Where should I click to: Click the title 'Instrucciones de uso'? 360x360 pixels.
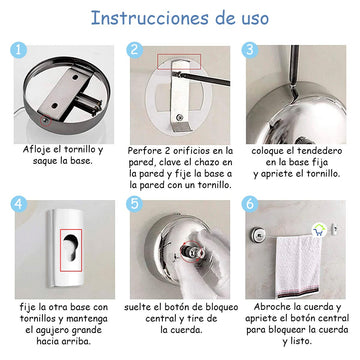(180, 18)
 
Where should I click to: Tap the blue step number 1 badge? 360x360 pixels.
(18, 50)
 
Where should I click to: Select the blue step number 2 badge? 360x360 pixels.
(135, 50)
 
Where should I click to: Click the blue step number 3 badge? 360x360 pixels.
(250, 50)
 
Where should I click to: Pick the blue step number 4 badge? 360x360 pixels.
(19, 204)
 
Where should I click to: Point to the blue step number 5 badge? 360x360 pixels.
(135, 204)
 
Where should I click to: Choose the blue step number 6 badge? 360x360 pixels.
(250, 204)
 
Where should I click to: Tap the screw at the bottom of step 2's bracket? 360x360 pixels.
(180, 117)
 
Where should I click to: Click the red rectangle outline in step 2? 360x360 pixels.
(179, 62)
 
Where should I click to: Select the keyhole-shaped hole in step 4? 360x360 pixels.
(70, 246)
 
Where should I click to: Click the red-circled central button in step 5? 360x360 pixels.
(191, 251)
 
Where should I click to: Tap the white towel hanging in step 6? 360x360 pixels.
(298, 266)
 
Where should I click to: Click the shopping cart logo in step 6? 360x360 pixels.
(319, 231)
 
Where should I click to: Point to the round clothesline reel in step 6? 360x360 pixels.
(257, 234)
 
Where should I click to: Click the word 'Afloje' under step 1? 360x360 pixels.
(36, 150)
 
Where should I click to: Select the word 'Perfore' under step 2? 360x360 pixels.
(144, 151)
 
